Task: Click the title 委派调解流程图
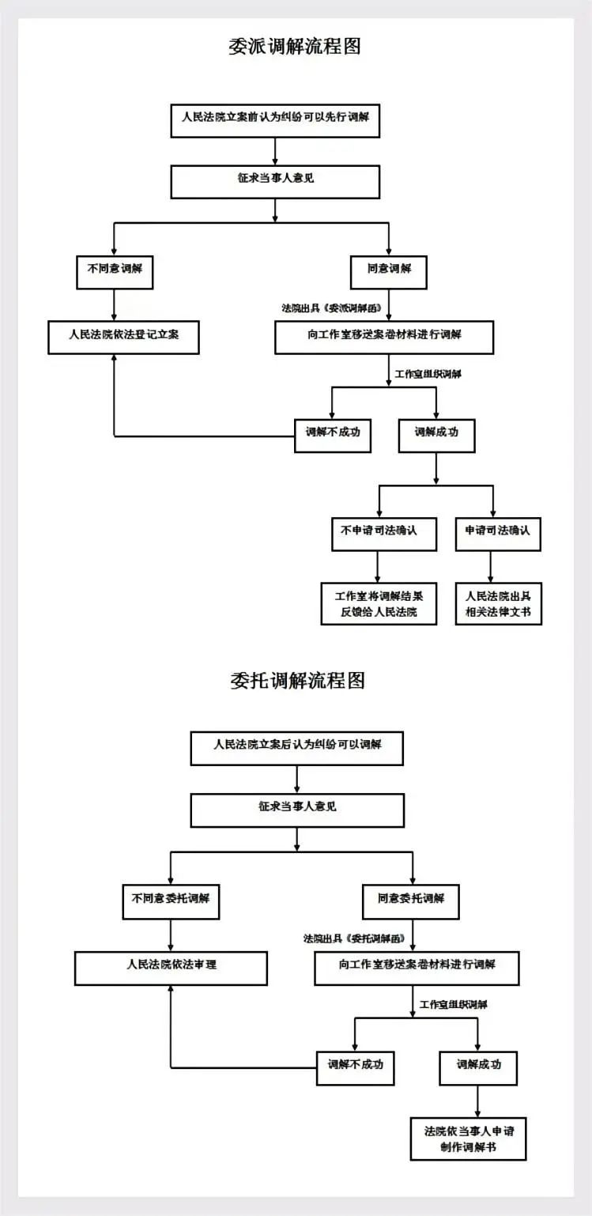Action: (295, 47)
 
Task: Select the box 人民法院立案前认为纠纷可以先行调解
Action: (275, 120)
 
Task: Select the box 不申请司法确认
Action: (378, 534)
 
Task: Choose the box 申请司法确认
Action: (498, 534)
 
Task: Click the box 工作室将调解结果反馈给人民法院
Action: (379, 603)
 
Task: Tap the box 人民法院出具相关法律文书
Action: (498, 603)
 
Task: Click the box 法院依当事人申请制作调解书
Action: (469, 1138)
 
